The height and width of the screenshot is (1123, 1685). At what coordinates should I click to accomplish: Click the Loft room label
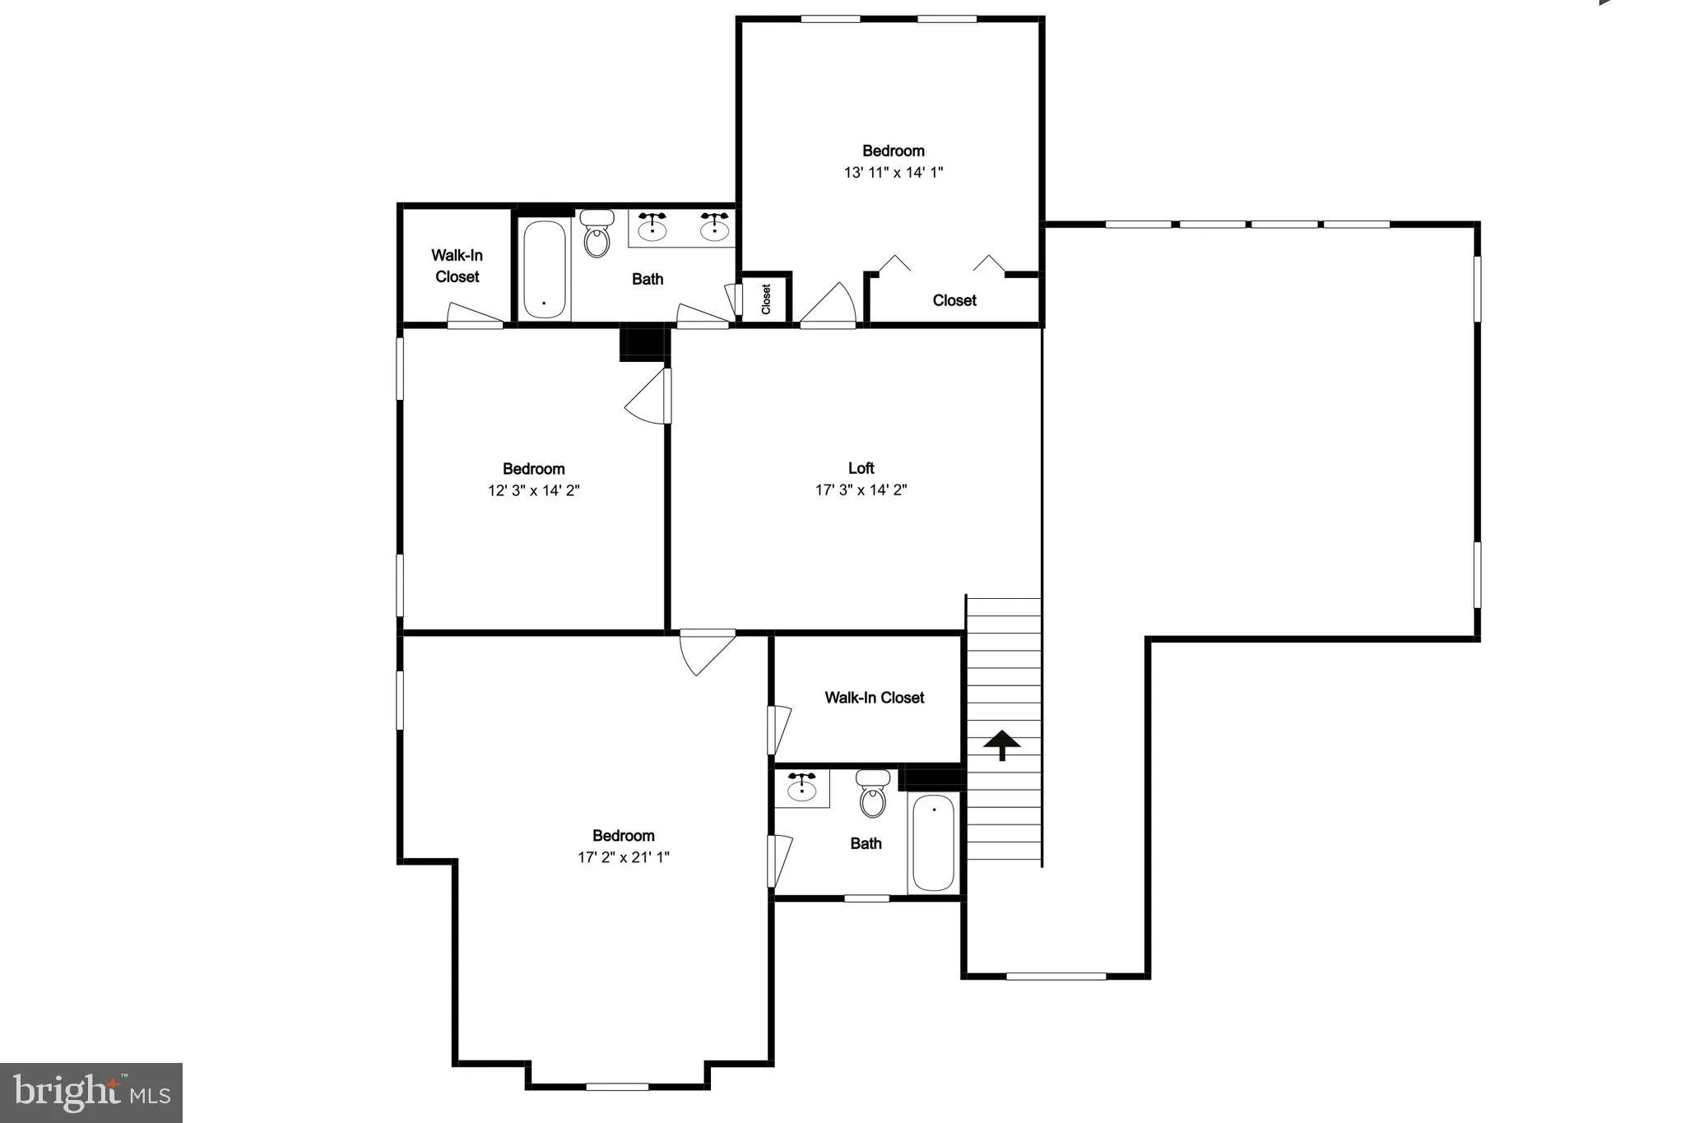coord(861,468)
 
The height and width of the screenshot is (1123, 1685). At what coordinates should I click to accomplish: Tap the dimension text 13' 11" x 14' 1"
coord(893,173)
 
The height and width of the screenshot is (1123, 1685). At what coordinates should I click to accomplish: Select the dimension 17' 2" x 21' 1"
coord(623,857)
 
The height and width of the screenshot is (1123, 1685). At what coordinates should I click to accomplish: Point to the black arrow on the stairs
coord(1002,745)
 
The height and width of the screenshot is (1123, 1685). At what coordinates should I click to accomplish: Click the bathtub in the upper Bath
coord(544,268)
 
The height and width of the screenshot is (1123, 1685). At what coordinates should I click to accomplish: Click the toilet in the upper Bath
coord(596,234)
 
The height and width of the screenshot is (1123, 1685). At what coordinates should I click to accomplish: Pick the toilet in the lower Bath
coord(872,793)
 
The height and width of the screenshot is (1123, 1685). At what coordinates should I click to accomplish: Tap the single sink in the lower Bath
coord(801,788)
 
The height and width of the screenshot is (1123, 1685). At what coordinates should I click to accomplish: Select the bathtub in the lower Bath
coord(933,842)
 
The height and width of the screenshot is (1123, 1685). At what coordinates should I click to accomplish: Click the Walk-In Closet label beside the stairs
coord(874,698)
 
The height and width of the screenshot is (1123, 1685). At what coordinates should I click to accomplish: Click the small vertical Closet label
coord(766,299)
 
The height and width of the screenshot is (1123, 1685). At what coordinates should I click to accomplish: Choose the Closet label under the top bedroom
coord(954,300)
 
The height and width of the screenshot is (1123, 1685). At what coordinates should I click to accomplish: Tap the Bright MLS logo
coord(91,1093)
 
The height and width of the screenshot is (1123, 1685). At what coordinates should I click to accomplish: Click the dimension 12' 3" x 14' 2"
coord(533,490)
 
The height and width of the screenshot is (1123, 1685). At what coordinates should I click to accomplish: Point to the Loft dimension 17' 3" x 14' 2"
coord(861,490)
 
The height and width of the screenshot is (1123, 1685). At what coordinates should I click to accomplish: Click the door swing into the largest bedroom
coord(705,651)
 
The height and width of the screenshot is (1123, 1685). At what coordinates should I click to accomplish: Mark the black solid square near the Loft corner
coord(642,343)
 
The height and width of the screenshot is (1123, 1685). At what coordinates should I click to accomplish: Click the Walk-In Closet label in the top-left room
coord(457,266)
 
